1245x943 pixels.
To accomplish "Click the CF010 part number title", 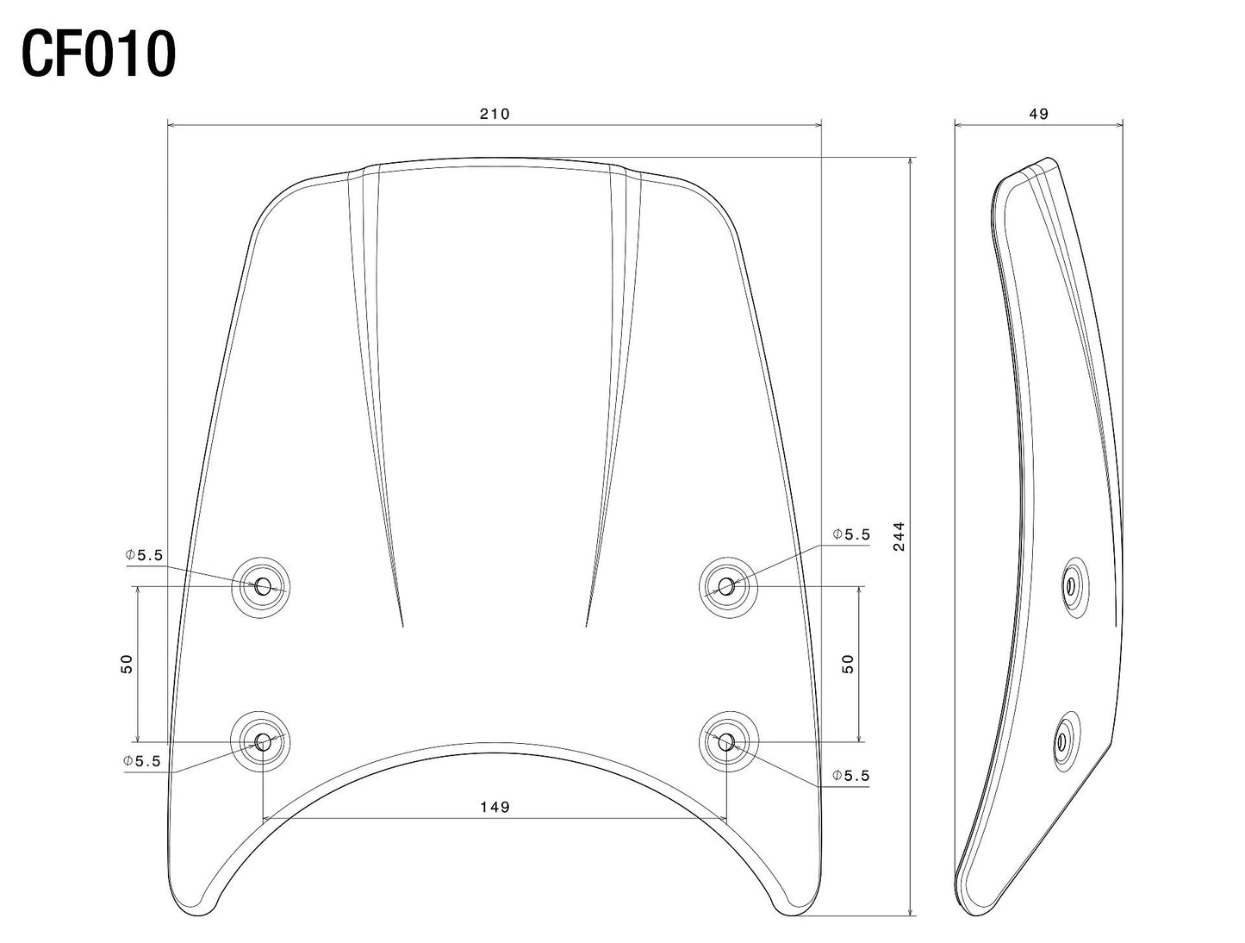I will pos(98,53).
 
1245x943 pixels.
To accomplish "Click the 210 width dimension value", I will pos(495,114).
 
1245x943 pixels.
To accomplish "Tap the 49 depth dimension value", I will pos(1039,114).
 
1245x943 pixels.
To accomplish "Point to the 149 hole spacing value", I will pos(495,807).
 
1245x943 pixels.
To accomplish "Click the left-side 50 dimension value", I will pos(128,664).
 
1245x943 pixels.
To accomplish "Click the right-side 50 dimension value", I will pos(848,664).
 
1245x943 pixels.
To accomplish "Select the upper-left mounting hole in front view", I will pos(262,587).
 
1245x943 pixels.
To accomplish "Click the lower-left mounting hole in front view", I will pos(262,741).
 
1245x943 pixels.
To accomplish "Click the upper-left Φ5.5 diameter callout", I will pos(143,556).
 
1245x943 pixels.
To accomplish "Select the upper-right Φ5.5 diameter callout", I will pos(851,534).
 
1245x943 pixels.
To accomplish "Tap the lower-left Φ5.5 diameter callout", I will pos(142,761).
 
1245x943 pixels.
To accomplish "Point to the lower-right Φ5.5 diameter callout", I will pos(851,776).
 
